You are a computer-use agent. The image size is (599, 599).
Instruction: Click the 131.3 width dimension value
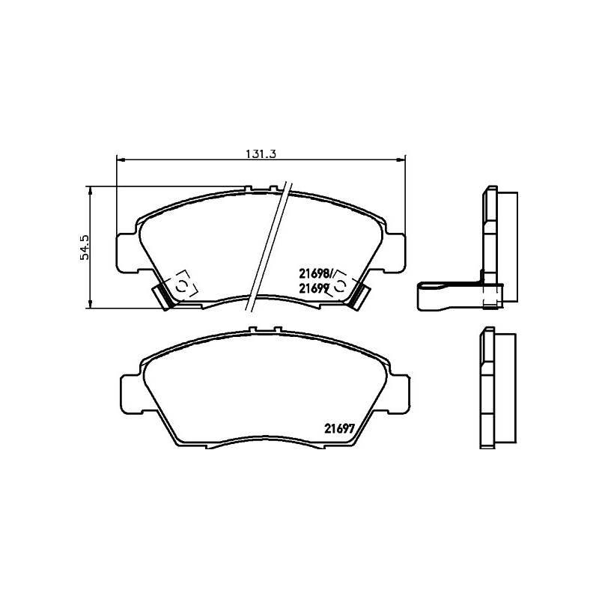tap(261, 153)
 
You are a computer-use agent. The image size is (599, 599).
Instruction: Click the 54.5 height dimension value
tap(85, 248)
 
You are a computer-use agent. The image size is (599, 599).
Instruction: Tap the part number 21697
tap(340, 428)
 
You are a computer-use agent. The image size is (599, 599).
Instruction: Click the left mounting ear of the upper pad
tap(126, 253)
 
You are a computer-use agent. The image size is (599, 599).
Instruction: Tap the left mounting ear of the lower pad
tap(132, 395)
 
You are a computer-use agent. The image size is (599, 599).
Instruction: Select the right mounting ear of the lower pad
tap(401, 395)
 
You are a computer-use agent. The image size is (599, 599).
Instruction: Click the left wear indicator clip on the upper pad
tap(163, 297)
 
